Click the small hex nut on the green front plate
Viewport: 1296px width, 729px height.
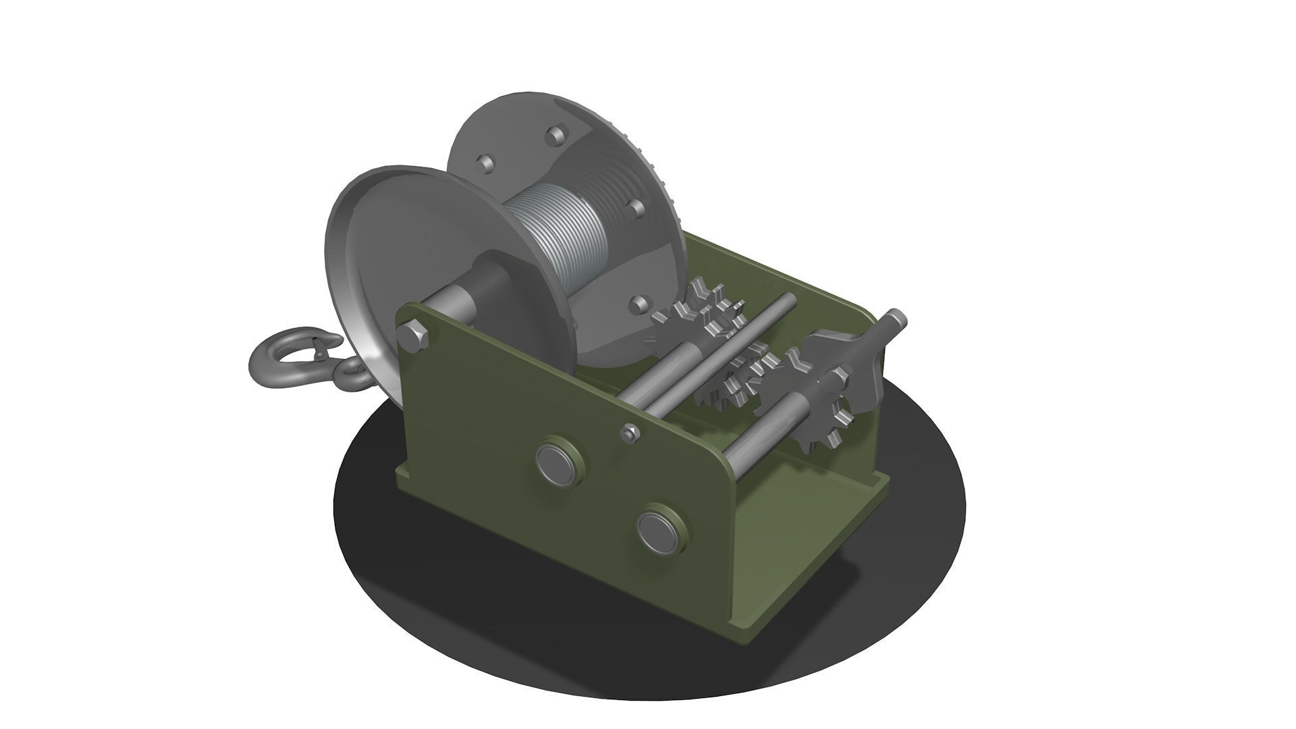630,433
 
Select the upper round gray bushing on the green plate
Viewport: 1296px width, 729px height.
560,462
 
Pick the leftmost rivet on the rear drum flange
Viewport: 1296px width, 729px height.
484,164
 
